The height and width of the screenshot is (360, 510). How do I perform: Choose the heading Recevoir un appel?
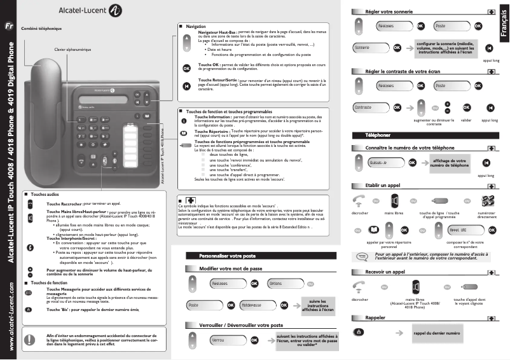click(386, 272)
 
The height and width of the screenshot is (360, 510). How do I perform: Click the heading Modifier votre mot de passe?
click(231, 269)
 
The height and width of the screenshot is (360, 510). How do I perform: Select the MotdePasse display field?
click(240, 305)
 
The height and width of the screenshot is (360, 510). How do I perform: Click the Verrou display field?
click(227, 340)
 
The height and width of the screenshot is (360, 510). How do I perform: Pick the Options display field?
click(282, 283)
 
